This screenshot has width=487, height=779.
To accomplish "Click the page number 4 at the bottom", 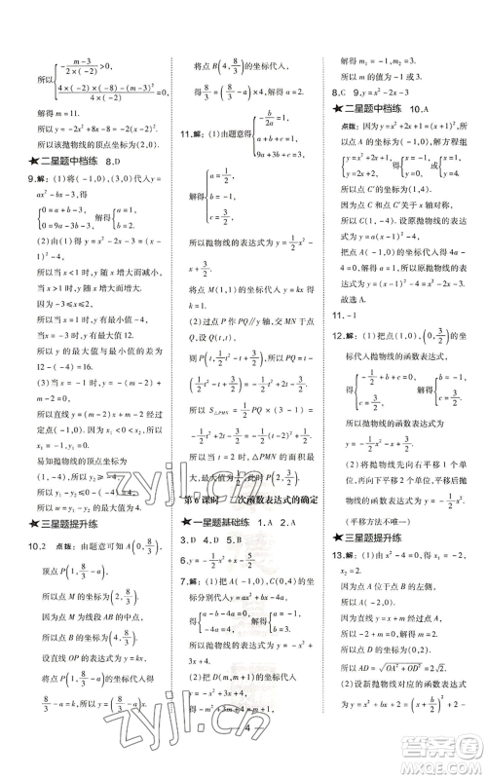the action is pyautogui.click(x=250, y=752).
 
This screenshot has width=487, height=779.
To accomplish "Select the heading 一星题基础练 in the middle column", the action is pyautogui.click(x=222, y=523).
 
